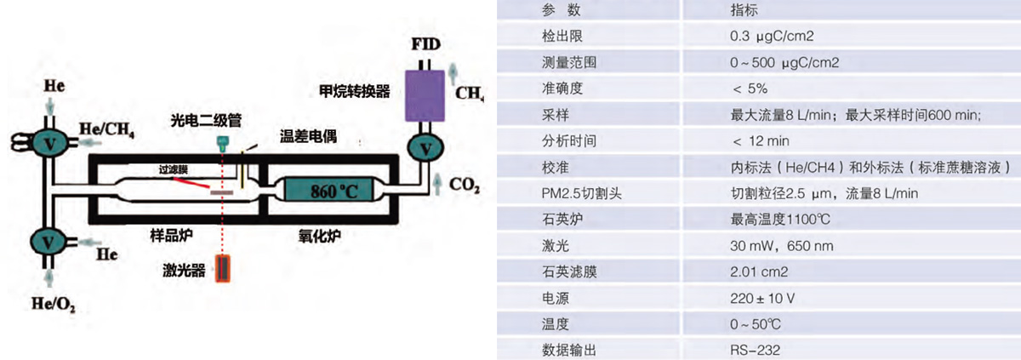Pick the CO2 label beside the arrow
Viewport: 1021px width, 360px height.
tap(462, 183)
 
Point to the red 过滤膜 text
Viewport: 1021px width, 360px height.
tap(172, 170)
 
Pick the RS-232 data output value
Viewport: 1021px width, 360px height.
tap(756, 349)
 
